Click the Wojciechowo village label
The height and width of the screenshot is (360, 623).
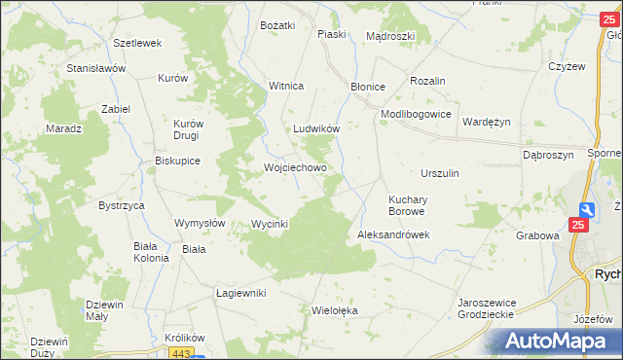click(x=295, y=167)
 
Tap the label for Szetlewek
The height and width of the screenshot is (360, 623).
click(x=136, y=44)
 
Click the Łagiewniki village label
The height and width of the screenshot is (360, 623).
click(x=240, y=293)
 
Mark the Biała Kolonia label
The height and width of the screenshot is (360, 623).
click(x=151, y=252)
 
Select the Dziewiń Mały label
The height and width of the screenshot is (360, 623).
click(x=103, y=309)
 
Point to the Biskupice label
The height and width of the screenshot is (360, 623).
click(x=177, y=162)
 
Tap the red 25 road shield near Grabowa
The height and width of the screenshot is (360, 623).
click(x=579, y=226)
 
